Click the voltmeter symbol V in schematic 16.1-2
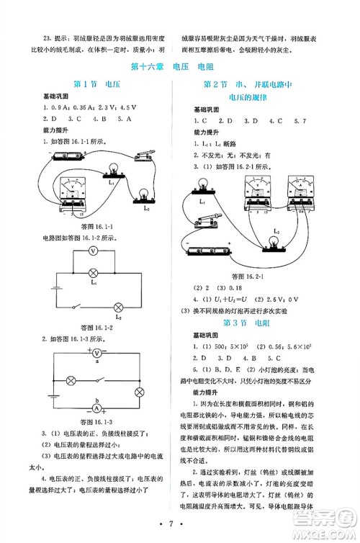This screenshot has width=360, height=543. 93,251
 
